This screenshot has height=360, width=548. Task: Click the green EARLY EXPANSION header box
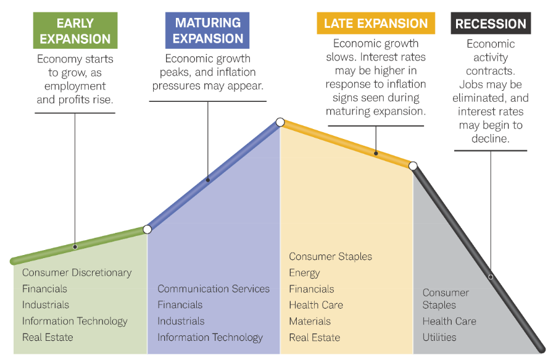tap(75, 31)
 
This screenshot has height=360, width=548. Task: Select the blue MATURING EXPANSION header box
tap(207, 30)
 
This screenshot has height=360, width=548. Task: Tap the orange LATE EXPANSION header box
tap(376, 24)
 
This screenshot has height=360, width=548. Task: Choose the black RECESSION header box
tap(491, 24)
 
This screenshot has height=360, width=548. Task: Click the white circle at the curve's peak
tap(280, 122)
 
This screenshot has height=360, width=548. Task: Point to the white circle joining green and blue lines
tap(147, 229)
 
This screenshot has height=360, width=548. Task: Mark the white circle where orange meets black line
tap(413, 165)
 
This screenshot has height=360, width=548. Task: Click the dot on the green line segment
tap(75, 246)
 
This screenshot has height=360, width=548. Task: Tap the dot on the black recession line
tap(491, 277)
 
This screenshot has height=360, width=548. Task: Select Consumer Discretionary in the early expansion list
tap(77, 272)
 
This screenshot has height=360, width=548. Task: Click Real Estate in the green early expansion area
tap(48, 337)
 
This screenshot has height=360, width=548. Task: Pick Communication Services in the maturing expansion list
tap(214, 288)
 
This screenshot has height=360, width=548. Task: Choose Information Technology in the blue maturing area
tap(210, 337)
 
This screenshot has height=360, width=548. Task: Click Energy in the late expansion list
tap(304, 272)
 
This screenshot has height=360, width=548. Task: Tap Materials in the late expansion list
tap(310, 321)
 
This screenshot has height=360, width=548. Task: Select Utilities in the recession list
tap(439, 337)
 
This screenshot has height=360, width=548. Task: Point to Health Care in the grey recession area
tap(449, 321)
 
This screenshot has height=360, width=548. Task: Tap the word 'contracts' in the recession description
tap(491, 71)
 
